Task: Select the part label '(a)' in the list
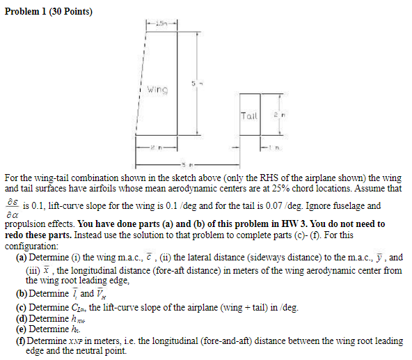click(x=21, y=257)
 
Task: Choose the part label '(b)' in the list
click(x=21, y=293)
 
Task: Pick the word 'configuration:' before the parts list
click(x=33, y=246)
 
